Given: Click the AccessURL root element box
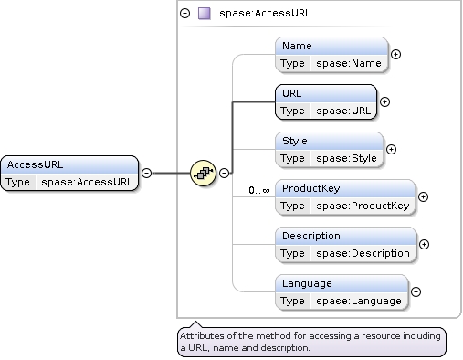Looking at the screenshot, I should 70,172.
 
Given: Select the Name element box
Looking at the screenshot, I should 332,54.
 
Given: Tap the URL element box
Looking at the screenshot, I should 326,101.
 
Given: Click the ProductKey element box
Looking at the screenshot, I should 345,196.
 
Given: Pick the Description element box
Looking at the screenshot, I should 346,244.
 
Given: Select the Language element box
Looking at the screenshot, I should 342,291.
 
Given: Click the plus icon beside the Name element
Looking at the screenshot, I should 395,54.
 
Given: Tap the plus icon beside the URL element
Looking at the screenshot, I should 384,101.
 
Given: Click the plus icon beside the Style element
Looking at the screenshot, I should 391,149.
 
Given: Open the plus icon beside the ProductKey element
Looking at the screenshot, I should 423,196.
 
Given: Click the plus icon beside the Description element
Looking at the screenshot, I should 424,244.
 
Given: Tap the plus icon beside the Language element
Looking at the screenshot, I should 416,291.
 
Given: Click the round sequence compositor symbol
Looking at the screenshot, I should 202,172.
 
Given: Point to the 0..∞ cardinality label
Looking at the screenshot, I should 258,190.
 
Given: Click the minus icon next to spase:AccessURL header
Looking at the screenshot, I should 185,14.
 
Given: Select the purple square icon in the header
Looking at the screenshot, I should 205,14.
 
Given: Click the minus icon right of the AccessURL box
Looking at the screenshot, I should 146,172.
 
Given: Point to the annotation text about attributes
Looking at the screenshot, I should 310,342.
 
